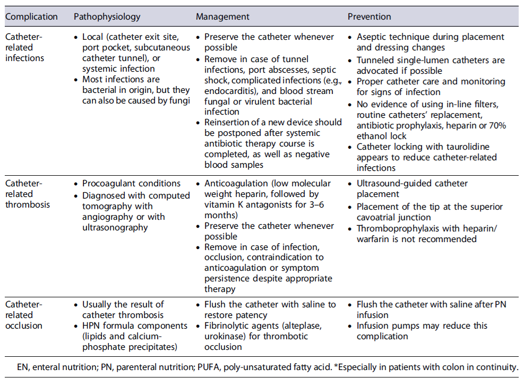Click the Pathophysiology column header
[107, 16]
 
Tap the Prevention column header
[369, 16]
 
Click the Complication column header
[31, 16]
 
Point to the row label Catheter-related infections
[25, 47]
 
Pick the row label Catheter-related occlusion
[25, 315]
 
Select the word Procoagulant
[109, 183]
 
